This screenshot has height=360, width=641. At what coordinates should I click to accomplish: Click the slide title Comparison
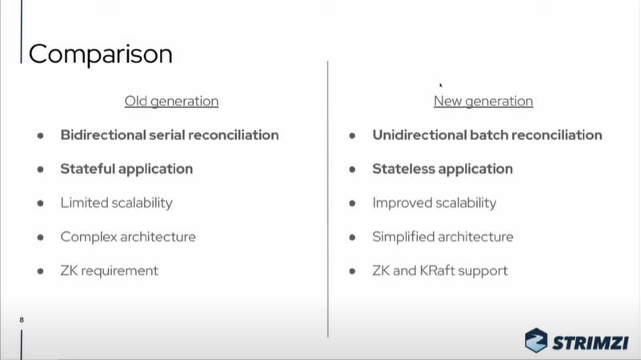tap(101, 54)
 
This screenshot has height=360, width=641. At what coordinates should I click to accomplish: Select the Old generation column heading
tap(171, 102)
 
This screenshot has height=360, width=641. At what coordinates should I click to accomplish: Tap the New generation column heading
tap(483, 102)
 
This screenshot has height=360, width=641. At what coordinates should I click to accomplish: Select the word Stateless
tap(402, 169)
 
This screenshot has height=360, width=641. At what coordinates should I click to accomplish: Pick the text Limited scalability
tap(117, 203)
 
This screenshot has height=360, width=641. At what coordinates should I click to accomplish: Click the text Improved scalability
tap(435, 203)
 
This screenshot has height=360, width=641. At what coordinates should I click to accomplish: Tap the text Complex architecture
tap(128, 237)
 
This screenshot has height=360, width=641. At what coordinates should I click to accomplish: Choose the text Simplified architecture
tap(443, 237)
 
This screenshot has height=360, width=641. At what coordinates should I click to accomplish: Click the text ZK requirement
tap(109, 270)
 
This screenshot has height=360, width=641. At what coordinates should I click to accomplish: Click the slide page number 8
tap(22, 320)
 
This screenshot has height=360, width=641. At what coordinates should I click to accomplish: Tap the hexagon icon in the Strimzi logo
tap(536, 340)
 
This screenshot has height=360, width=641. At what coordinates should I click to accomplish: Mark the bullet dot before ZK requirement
tap(40, 271)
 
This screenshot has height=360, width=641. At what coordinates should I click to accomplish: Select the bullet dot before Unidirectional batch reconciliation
tap(352, 135)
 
